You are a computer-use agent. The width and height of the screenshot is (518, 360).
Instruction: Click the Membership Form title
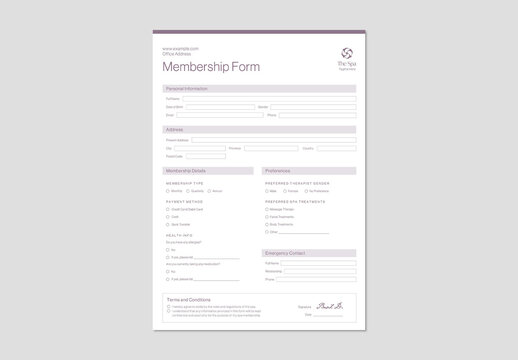click(x=211, y=67)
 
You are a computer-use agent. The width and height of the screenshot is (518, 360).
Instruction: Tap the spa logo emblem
click(x=346, y=53)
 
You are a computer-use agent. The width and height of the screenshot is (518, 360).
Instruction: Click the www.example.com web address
click(x=181, y=48)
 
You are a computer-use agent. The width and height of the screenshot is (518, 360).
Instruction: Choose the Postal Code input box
click(x=206, y=156)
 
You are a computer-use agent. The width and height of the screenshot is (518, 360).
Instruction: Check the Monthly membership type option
click(x=167, y=191)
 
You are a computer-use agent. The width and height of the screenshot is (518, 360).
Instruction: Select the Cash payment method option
click(x=167, y=217)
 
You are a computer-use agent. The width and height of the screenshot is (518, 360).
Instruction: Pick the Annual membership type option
click(x=209, y=191)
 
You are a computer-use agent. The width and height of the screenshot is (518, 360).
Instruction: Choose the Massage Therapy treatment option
click(x=267, y=209)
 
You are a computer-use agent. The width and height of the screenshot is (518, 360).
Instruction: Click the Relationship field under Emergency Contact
click(x=319, y=271)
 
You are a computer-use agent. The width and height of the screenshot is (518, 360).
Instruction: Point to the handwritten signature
click(x=328, y=305)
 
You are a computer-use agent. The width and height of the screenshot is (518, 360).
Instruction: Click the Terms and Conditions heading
click(x=188, y=300)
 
